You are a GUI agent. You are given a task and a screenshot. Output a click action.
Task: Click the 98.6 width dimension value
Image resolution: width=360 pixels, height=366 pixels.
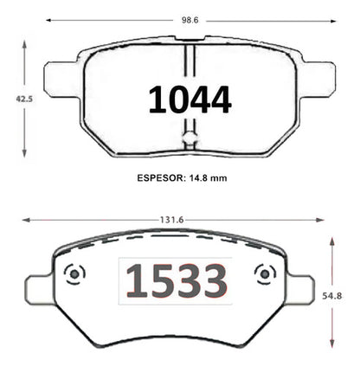[190, 20]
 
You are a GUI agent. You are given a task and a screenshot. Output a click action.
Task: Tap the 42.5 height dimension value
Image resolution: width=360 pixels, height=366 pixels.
[24, 100]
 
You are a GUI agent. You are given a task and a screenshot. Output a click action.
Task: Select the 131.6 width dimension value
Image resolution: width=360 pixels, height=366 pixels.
[172, 220]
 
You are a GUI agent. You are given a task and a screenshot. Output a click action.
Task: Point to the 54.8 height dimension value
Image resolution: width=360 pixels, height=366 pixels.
[332, 296]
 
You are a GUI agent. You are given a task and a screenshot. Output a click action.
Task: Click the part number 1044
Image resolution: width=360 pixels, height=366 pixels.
[190, 100]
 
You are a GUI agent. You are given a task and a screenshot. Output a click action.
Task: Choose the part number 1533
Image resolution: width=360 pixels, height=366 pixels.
[177, 281]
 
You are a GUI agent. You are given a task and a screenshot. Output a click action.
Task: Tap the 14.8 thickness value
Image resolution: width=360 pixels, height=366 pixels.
[198, 178]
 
